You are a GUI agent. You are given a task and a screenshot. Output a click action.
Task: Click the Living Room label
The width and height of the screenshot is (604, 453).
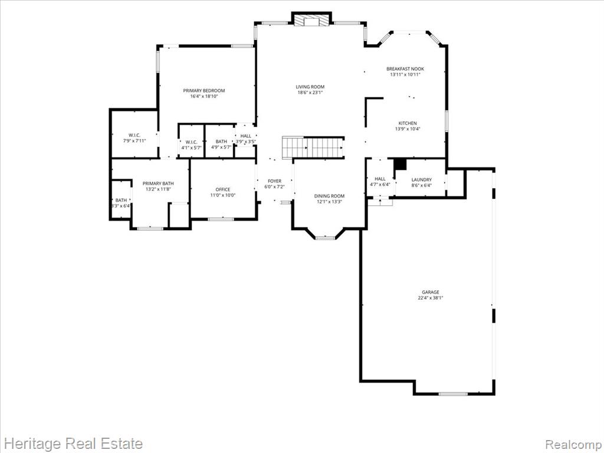[x=310, y=87]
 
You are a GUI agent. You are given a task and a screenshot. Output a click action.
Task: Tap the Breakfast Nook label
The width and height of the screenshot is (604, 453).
[x=405, y=69]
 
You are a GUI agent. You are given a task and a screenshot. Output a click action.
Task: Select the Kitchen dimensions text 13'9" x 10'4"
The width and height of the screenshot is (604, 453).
[x=408, y=129]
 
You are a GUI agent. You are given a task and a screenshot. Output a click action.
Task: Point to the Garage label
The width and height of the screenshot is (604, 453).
[x=430, y=292]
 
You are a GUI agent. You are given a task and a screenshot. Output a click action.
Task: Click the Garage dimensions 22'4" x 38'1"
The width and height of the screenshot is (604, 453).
[x=430, y=298]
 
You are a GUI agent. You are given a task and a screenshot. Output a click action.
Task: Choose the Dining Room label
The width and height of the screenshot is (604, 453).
[x=329, y=196]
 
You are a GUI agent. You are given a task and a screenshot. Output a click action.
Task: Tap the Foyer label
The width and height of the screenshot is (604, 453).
[x=275, y=181]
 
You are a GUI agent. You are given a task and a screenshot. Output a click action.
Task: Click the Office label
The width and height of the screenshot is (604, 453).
[x=222, y=189]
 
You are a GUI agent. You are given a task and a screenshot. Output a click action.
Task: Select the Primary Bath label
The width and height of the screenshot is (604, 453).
[x=158, y=183]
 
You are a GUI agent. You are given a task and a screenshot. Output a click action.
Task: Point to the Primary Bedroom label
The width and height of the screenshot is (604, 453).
[x=203, y=90]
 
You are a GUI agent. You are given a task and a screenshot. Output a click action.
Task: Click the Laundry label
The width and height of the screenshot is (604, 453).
[x=421, y=179]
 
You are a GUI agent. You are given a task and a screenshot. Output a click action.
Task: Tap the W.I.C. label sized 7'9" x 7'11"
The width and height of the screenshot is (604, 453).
[x=134, y=135]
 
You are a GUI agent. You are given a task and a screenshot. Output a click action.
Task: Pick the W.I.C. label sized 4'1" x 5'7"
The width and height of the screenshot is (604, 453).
[x=192, y=142]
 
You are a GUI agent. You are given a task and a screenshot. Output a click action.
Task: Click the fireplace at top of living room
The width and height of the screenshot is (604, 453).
[x=311, y=20]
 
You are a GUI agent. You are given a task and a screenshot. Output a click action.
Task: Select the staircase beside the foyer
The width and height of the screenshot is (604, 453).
[x=313, y=147]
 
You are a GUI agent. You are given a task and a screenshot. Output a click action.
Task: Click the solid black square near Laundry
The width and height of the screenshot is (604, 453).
[x=401, y=164]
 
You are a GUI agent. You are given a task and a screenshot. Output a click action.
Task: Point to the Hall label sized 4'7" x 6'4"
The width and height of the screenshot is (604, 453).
[x=380, y=179]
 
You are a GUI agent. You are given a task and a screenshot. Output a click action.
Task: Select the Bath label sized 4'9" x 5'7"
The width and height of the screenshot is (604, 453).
[x=222, y=142]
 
